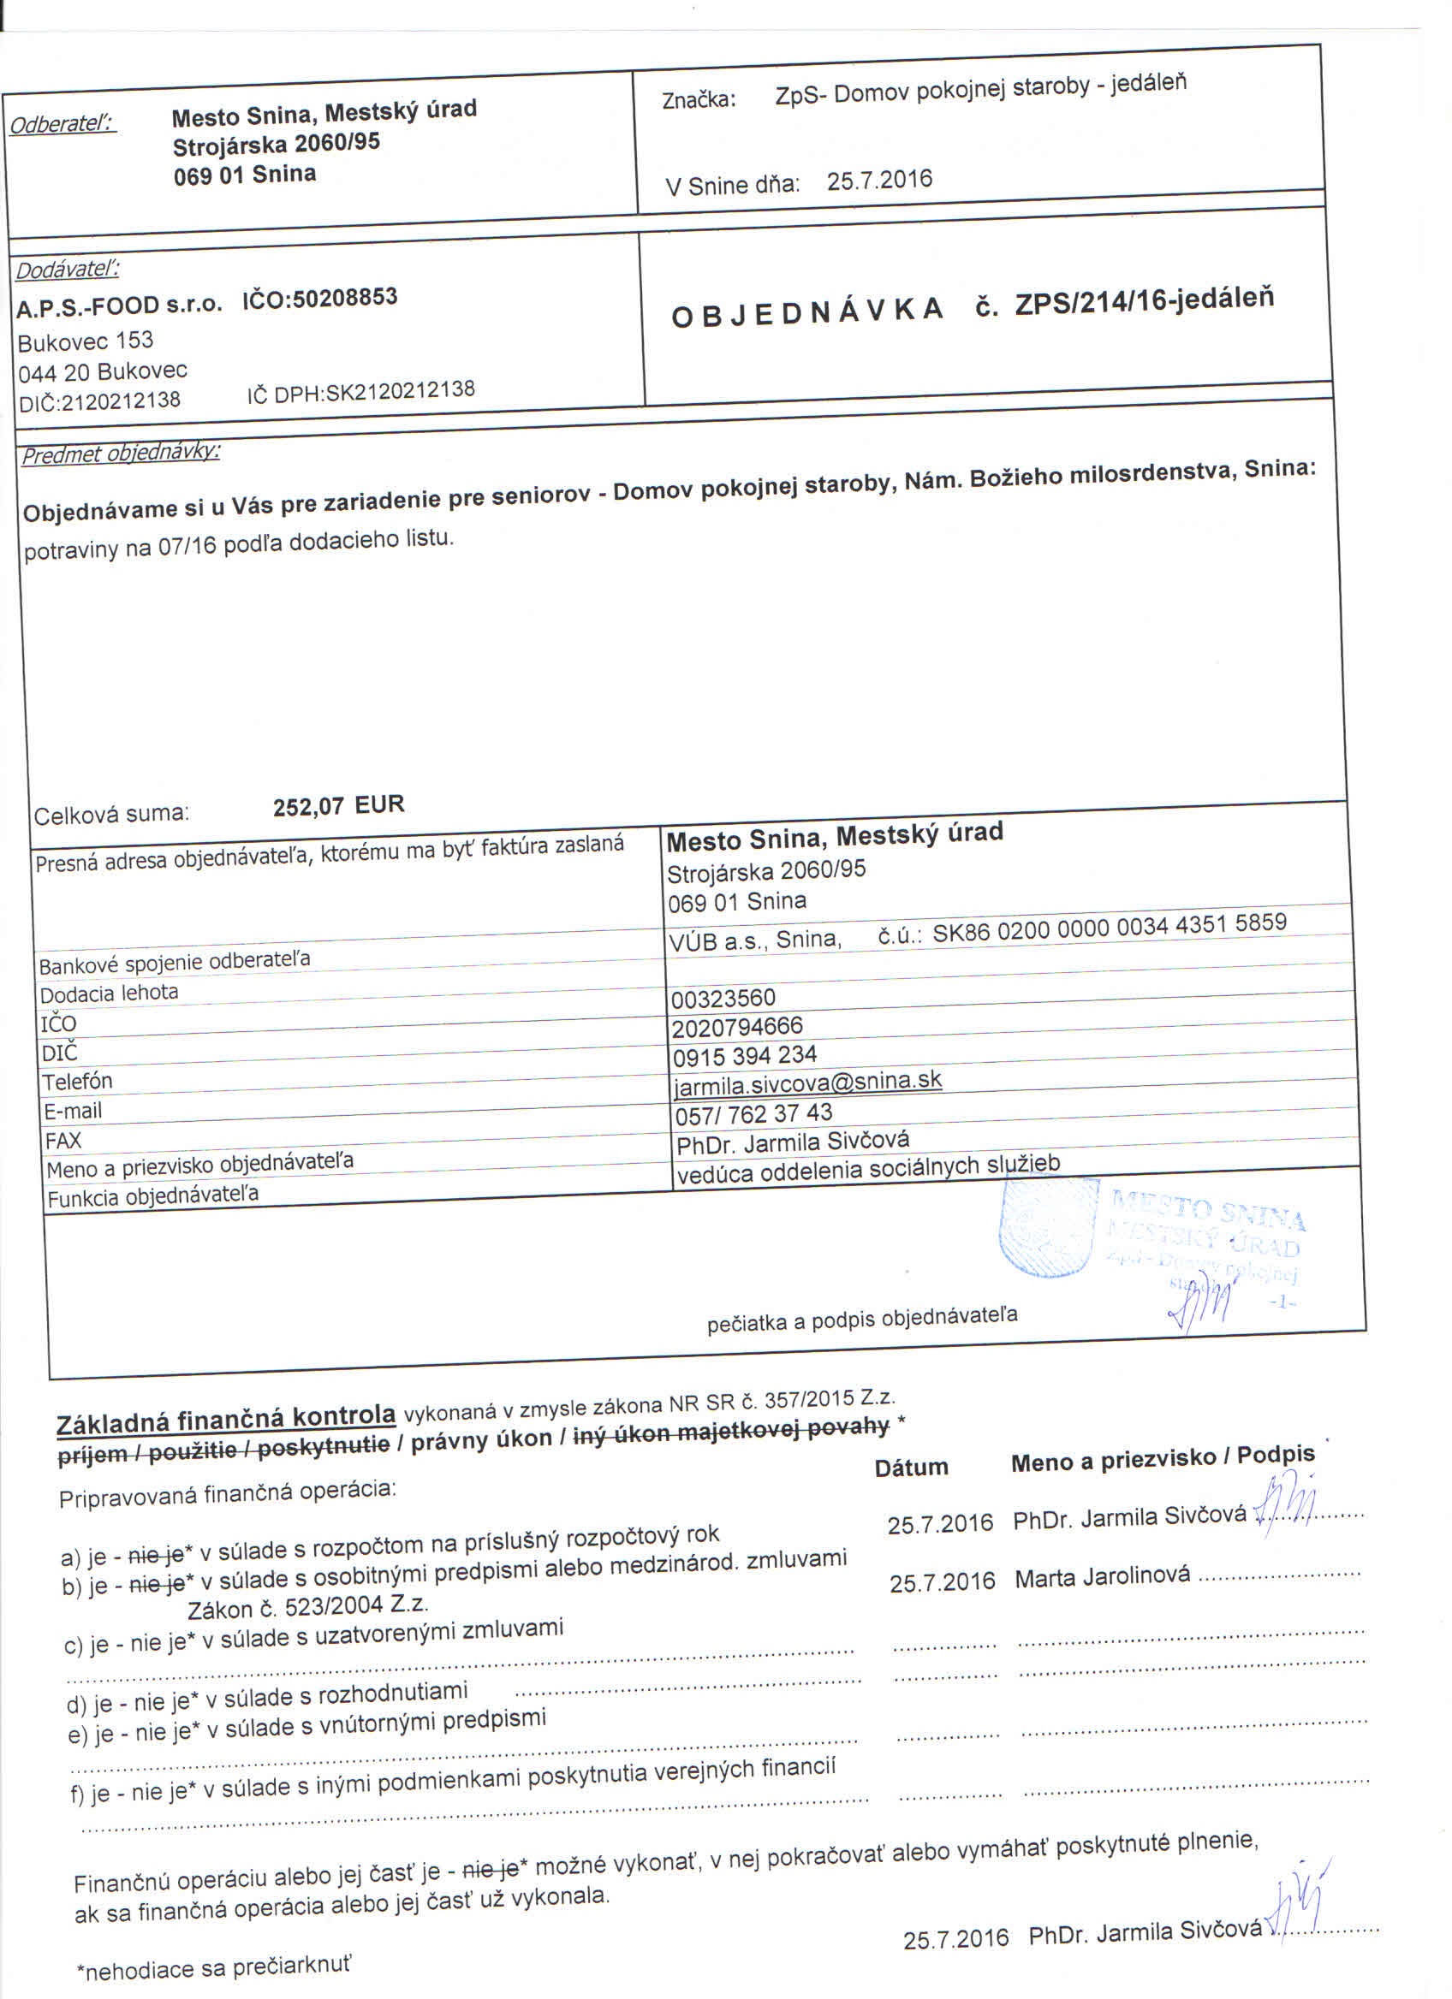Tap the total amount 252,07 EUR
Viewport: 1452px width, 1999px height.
coord(338,805)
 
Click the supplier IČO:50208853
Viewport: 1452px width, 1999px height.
coord(320,299)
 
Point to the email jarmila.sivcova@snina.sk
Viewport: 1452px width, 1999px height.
coord(807,1082)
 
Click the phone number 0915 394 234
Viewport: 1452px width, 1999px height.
coord(744,1055)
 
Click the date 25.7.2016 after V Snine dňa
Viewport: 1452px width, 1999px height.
coord(879,181)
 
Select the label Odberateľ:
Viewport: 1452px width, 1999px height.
coord(62,123)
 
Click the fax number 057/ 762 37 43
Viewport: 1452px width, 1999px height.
coord(753,1114)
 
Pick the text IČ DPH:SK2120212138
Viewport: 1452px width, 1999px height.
coord(360,391)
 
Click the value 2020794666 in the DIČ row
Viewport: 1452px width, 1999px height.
coord(737,1027)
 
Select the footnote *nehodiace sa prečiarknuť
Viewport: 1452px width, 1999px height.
coord(214,1968)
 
